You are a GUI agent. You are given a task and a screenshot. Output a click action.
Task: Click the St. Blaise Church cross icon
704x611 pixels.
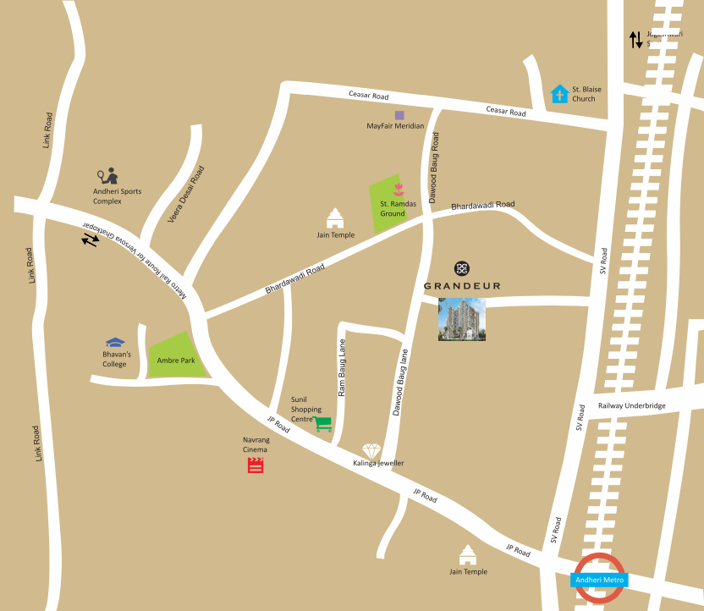(558, 93)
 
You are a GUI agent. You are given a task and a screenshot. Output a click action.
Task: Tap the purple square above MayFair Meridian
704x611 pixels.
(399, 114)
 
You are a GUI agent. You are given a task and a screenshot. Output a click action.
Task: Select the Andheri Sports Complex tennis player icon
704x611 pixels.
(107, 176)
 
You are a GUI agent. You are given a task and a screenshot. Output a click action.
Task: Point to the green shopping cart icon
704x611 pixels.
(322, 424)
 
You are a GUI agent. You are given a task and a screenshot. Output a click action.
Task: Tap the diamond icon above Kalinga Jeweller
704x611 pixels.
(371, 450)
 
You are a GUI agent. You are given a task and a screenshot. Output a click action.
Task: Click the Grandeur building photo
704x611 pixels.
(461, 320)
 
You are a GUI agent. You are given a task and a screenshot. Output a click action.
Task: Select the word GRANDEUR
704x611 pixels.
(461, 286)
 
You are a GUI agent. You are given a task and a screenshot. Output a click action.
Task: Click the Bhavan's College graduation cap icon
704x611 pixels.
(115, 343)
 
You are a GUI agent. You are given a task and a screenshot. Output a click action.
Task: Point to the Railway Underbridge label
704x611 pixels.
(631, 406)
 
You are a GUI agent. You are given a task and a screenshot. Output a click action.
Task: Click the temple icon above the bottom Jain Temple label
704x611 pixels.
(467, 555)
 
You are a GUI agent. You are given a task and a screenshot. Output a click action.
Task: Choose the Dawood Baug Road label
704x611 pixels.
(434, 168)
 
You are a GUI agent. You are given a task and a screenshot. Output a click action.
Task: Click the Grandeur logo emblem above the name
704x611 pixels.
(461, 268)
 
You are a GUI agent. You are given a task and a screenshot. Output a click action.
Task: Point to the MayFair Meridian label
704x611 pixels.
(395, 126)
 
